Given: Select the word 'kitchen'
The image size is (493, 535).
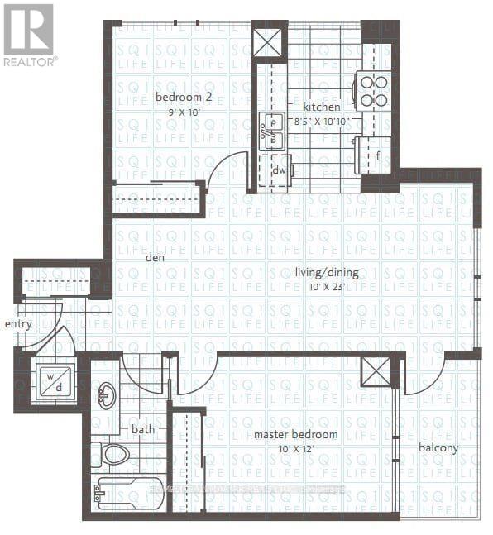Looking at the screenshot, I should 321,107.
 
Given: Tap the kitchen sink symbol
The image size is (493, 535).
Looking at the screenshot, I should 270,132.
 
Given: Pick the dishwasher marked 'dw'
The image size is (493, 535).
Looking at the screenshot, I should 280,170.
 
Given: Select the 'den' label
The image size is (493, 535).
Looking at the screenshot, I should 154,257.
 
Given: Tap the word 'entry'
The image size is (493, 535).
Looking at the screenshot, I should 18,324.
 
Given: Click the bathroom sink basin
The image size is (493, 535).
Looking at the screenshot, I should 106,395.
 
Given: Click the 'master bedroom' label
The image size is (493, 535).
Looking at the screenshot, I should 296,434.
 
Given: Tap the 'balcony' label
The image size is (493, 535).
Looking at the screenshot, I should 438,448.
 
